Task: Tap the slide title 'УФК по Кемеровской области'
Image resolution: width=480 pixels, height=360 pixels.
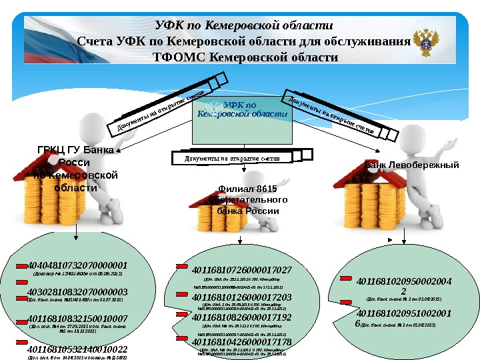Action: [243, 25]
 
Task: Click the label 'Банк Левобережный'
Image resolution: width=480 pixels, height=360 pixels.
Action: [411, 164]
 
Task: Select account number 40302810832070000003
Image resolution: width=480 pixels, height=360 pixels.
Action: [77, 292]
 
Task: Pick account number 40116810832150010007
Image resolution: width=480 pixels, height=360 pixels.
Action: [77, 319]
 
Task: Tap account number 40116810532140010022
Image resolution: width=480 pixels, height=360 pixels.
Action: [77, 348]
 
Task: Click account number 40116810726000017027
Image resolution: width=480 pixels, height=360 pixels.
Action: [241, 269]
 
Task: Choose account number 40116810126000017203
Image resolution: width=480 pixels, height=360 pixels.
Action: [241, 296]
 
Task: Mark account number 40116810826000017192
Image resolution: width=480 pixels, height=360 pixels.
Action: [241, 317]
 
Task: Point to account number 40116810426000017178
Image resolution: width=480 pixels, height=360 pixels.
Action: [241, 341]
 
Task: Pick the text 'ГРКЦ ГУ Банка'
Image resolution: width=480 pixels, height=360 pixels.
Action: [75, 149]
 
